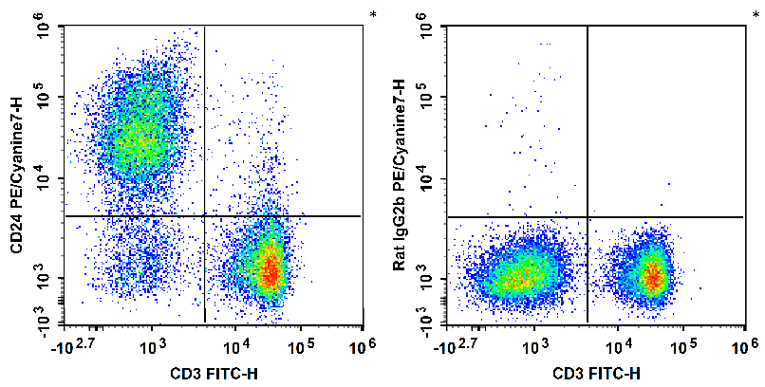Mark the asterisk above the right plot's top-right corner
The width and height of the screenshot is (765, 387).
pos(756,15)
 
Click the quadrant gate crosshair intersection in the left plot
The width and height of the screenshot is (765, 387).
pos(204,216)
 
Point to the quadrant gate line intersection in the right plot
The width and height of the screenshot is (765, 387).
pos(588,216)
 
